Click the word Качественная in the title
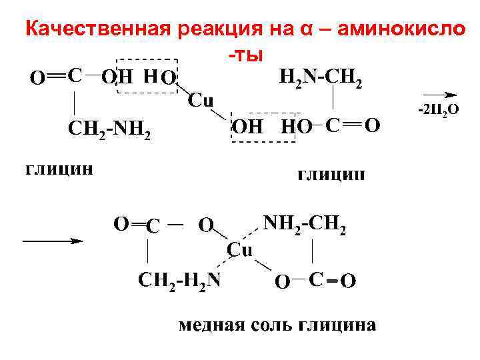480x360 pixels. pyautogui.click(x=99, y=29)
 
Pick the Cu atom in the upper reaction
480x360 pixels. pyautogui.click(x=201, y=101)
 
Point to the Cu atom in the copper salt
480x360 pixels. pyautogui.click(x=241, y=249)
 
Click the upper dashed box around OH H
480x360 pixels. pyautogui.click(x=147, y=77)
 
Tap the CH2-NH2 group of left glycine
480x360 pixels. pyautogui.click(x=111, y=131)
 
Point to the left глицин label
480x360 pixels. pyautogui.click(x=59, y=167)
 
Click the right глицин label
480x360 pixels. pyautogui.click(x=330, y=175)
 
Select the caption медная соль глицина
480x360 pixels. pyautogui.click(x=277, y=326)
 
